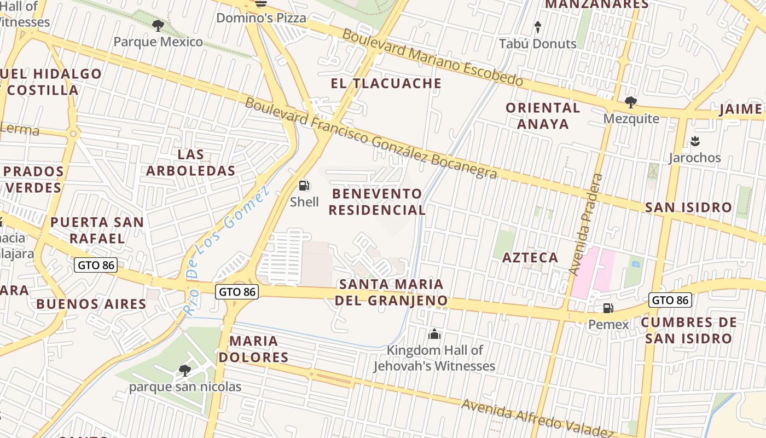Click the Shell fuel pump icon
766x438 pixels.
coord(304,186)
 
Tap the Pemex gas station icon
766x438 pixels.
coord(608,308)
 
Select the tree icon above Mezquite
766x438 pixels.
coord(630,102)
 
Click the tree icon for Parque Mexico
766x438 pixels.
coord(158,25)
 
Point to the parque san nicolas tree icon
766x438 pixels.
coord(185,371)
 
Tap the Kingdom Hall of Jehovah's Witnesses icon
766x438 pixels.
coord(434,333)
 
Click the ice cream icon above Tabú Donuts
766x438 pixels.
coord(537,27)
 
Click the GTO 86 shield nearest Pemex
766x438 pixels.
coord(670,300)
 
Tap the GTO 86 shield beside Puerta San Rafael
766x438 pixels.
coord(96,266)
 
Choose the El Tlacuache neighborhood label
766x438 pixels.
coord(386,83)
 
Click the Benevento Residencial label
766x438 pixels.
coord(377,201)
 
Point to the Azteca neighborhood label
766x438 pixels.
coord(530,257)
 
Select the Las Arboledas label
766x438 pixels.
coord(190,163)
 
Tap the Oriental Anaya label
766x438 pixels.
coord(543,116)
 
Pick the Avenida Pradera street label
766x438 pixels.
coord(585,224)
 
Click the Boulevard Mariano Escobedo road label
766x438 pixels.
coord(432,57)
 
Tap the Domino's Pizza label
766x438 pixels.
coord(261,18)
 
